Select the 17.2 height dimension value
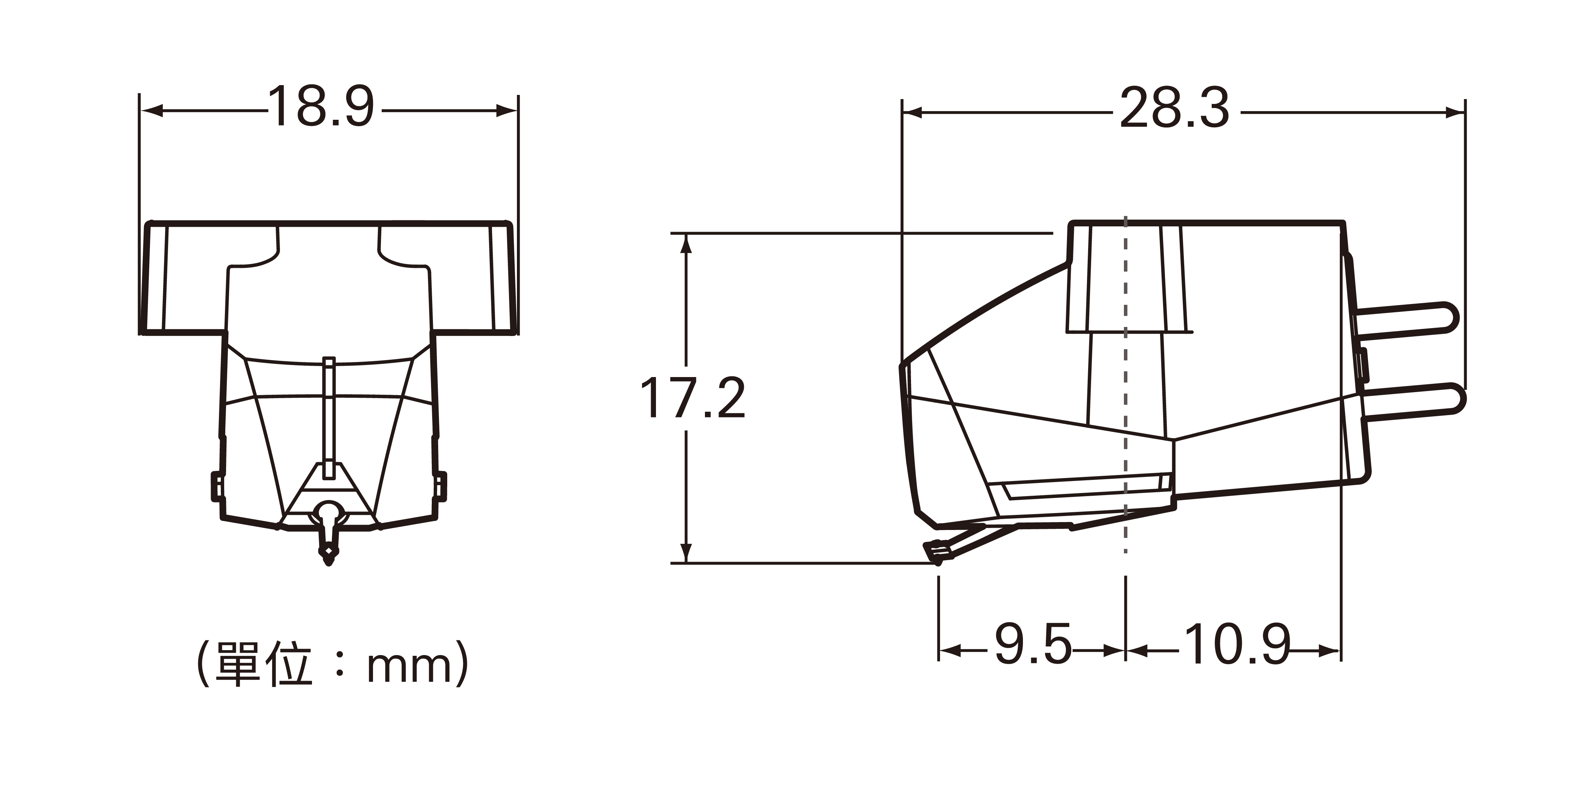[x=693, y=398]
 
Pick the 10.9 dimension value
[x=1238, y=644]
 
